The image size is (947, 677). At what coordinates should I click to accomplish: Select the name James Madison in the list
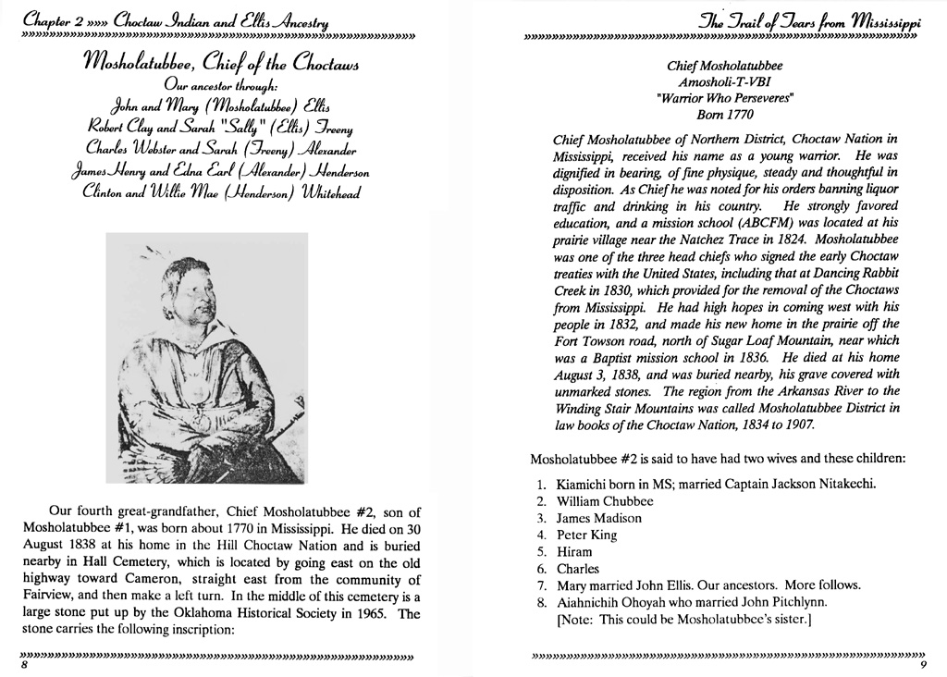[598, 518]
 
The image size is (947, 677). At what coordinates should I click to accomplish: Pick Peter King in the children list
[586, 535]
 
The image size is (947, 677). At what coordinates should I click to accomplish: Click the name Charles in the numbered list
[578, 569]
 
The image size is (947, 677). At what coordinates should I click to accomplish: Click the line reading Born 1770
[724, 115]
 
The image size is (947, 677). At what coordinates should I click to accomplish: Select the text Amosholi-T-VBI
[724, 82]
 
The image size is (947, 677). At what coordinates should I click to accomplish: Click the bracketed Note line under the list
[683, 620]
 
